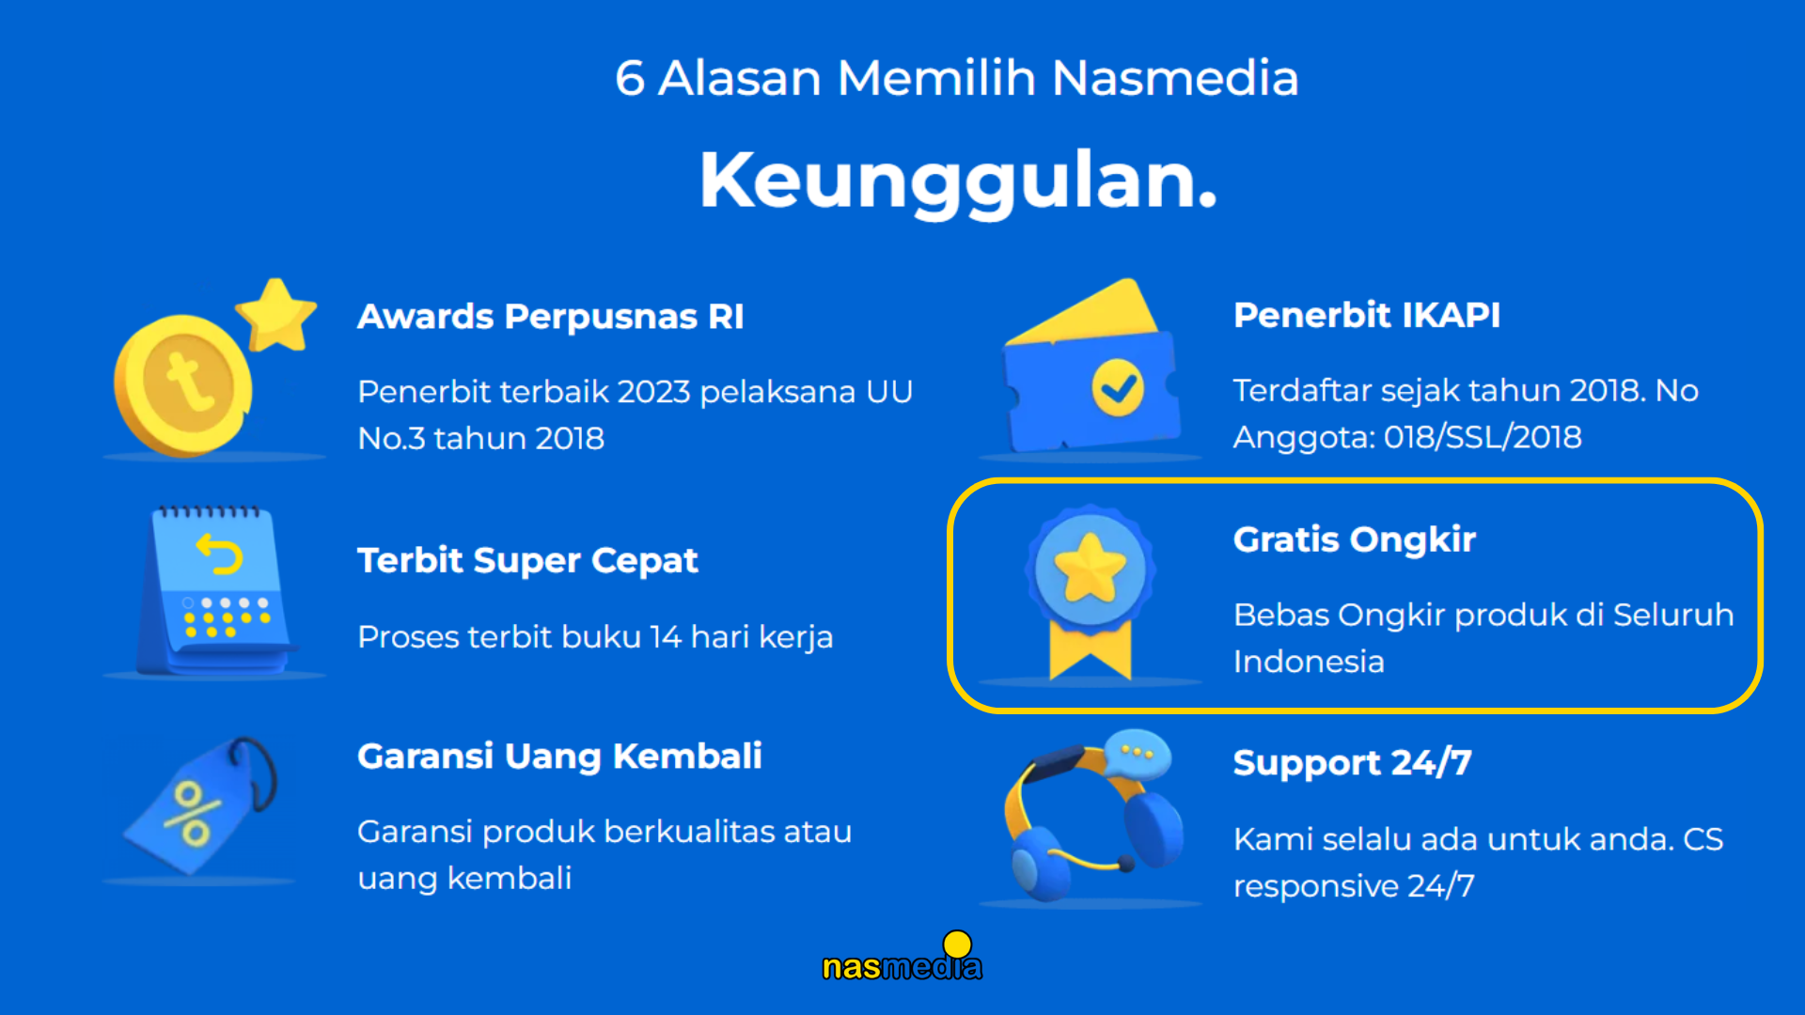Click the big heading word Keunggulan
[958, 181]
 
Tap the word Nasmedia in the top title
[1175, 77]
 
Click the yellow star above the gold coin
[275, 315]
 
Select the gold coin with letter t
[183, 385]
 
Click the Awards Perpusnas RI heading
[551, 317]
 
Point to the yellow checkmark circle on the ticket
[1118, 387]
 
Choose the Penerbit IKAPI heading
[1367, 315]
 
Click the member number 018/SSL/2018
[1483, 437]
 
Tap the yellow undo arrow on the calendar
[219, 554]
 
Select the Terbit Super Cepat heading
[527, 561]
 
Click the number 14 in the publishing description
[666, 637]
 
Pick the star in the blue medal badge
[1091, 568]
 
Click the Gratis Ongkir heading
[1355, 540]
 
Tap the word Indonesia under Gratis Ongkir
[1309, 662]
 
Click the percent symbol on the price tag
[192, 814]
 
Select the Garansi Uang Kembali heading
[559, 757]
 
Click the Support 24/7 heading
[1352, 763]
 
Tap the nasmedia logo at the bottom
[902, 958]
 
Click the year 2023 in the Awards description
[654, 392]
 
